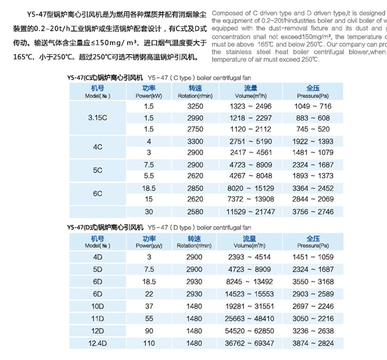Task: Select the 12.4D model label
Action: (97, 343)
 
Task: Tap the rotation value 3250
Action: (195, 107)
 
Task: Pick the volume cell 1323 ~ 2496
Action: (250, 107)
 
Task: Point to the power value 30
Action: (149, 212)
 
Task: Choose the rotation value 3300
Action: (195, 141)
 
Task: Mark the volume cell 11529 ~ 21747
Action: (250, 212)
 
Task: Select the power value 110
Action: (149, 343)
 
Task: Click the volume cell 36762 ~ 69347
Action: (250, 343)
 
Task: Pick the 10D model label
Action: (97, 306)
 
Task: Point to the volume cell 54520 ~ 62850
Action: (250, 331)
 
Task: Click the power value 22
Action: (149, 294)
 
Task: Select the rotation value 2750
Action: (195, 129)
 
